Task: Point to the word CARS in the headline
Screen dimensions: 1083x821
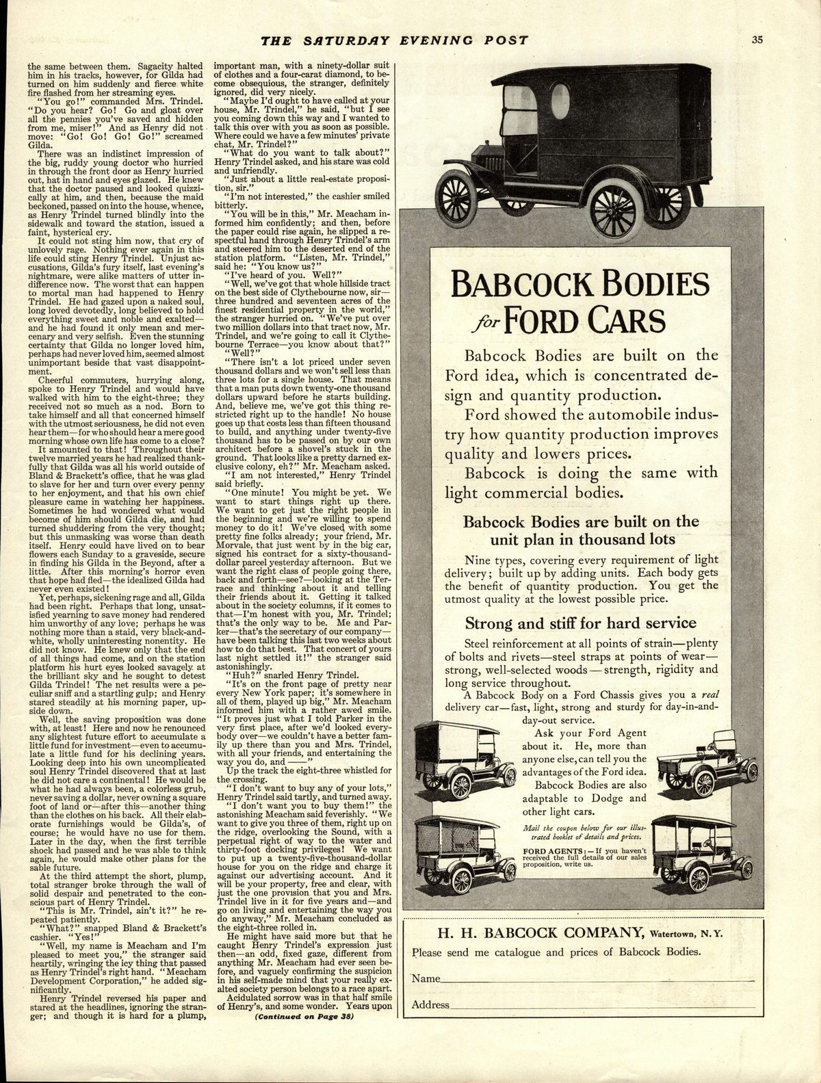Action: (x=622, y=319)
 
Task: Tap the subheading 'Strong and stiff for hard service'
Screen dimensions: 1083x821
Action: (x=580, y=623)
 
